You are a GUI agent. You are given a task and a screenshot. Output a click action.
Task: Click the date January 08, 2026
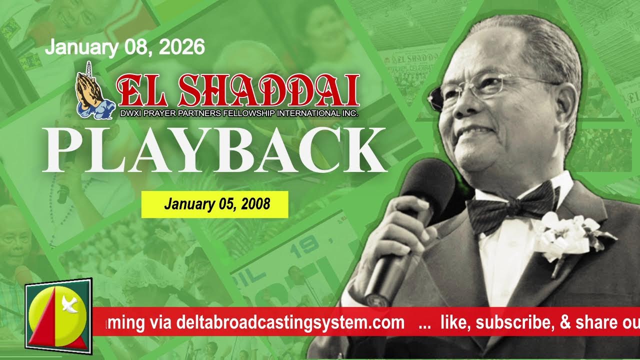point(125,47)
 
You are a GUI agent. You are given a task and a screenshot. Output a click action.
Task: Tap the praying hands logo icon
point(89,94)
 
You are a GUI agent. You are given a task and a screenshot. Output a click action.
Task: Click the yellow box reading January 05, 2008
point(214,204)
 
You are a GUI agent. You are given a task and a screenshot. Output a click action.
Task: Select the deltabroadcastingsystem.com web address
point(290,322)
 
